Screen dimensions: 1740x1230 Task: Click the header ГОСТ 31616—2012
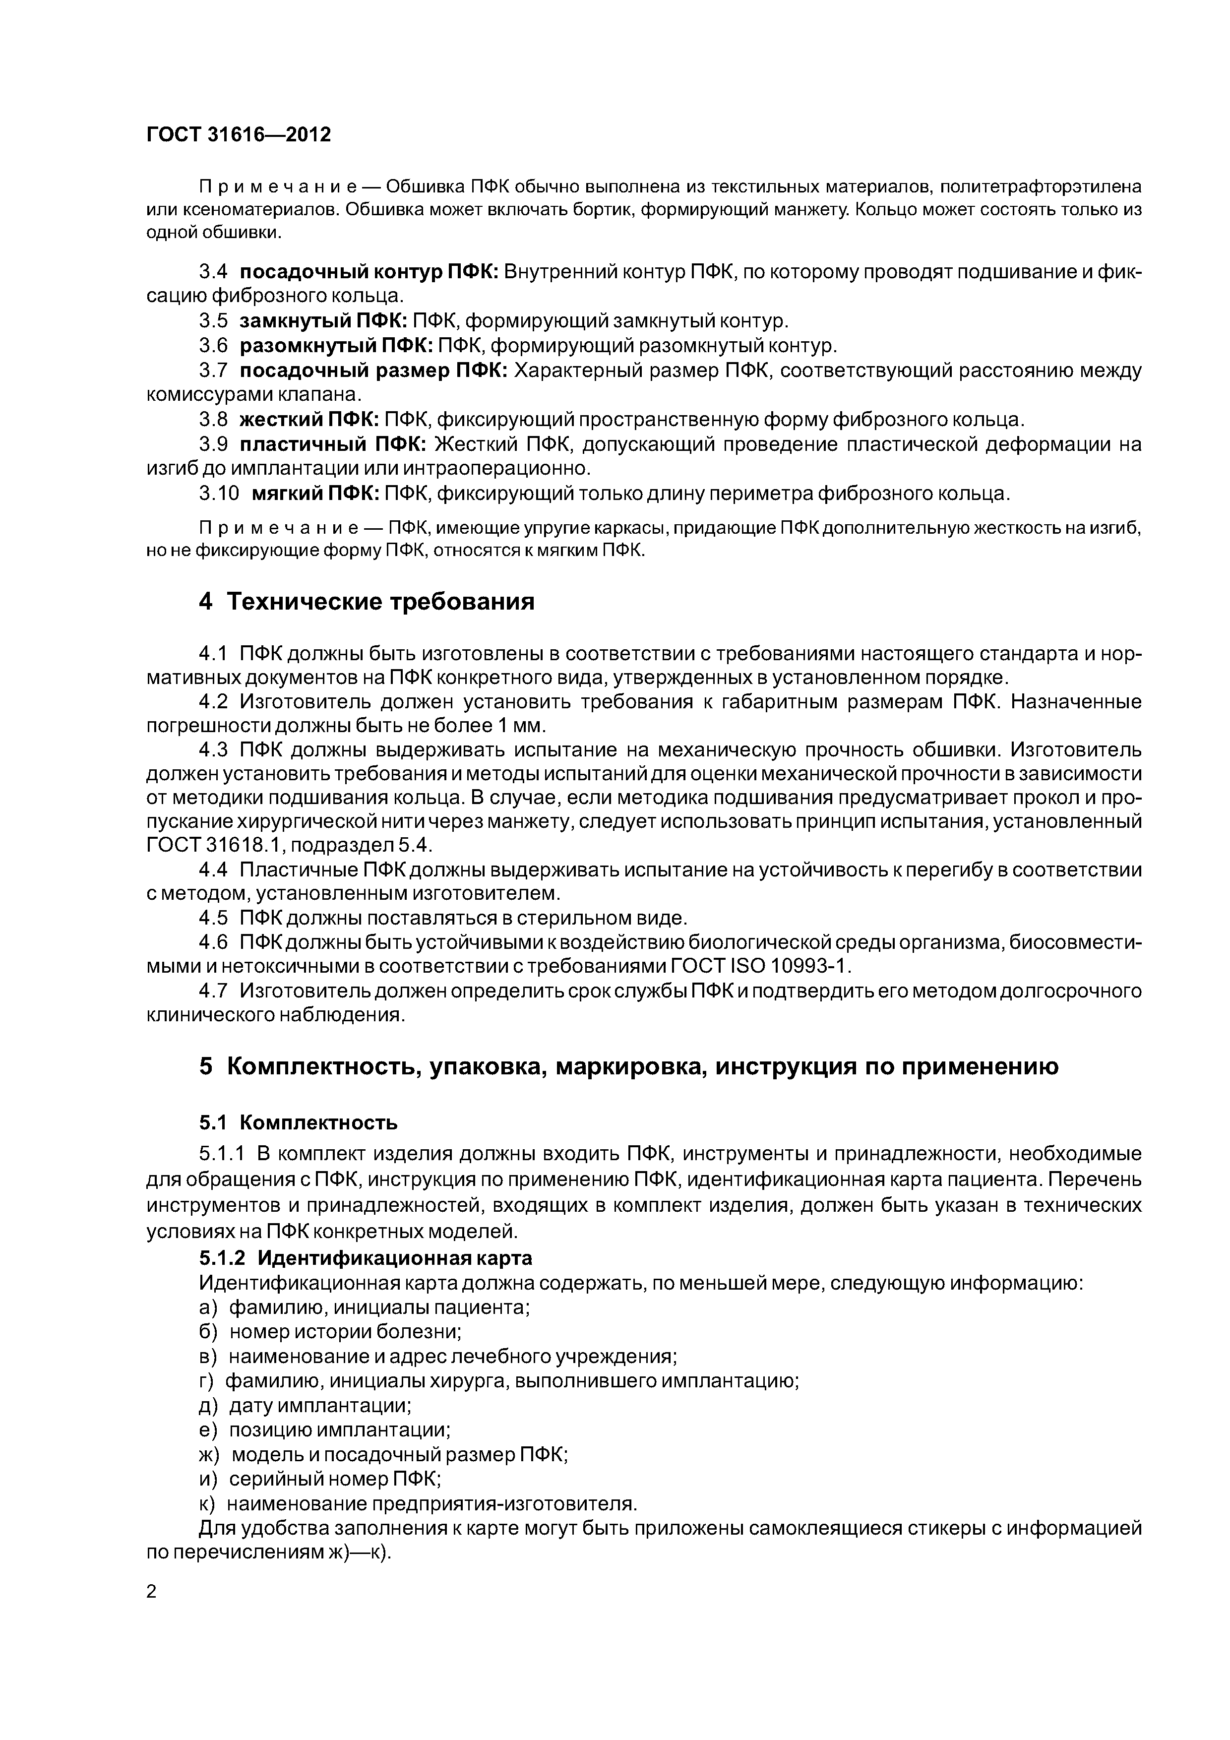[x=239, y=135]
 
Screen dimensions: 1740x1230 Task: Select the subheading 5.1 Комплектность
[x=298, y=1121]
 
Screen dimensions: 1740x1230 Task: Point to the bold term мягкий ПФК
[x=314, y=494]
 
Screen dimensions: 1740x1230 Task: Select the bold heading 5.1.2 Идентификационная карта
[x=366, y=1257]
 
